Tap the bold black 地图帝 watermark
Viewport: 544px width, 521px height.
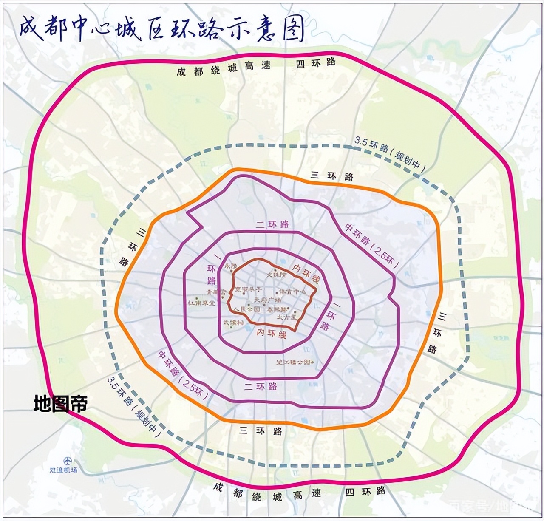coord(60,404)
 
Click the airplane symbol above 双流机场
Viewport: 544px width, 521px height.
coord(67,461)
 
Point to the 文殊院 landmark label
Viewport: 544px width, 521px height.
coord(277,275)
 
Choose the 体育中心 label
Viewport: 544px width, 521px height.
coord(292,292)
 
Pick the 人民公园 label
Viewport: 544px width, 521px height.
coord(247,309)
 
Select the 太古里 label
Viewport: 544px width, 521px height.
coord(286,317)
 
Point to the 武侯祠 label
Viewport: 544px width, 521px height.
coord(234,323)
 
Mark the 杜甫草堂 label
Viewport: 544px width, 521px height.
coord(202,303)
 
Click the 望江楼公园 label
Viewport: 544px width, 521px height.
coord(294,362)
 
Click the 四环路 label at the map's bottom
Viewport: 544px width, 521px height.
coord(365,492)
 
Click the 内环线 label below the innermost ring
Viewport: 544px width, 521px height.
coord(271,333)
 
